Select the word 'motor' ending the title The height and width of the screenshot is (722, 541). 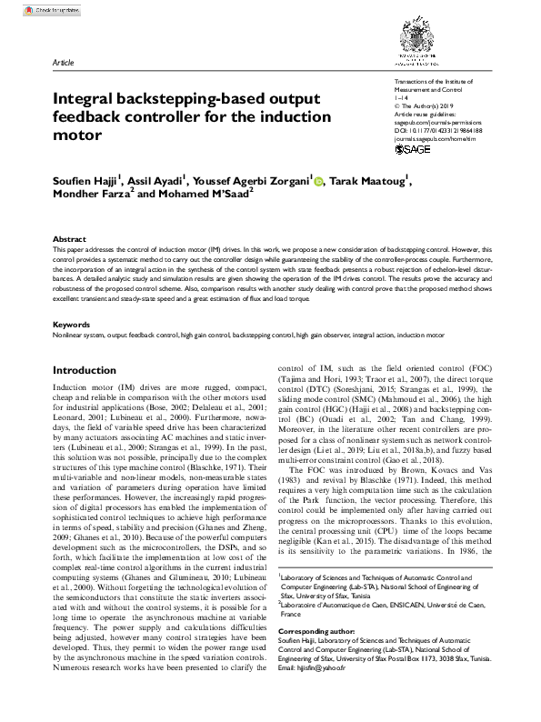(x=76, y=136)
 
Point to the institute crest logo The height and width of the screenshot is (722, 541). (x=414, y=41)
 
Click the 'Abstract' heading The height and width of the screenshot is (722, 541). (x=70, y=239)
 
